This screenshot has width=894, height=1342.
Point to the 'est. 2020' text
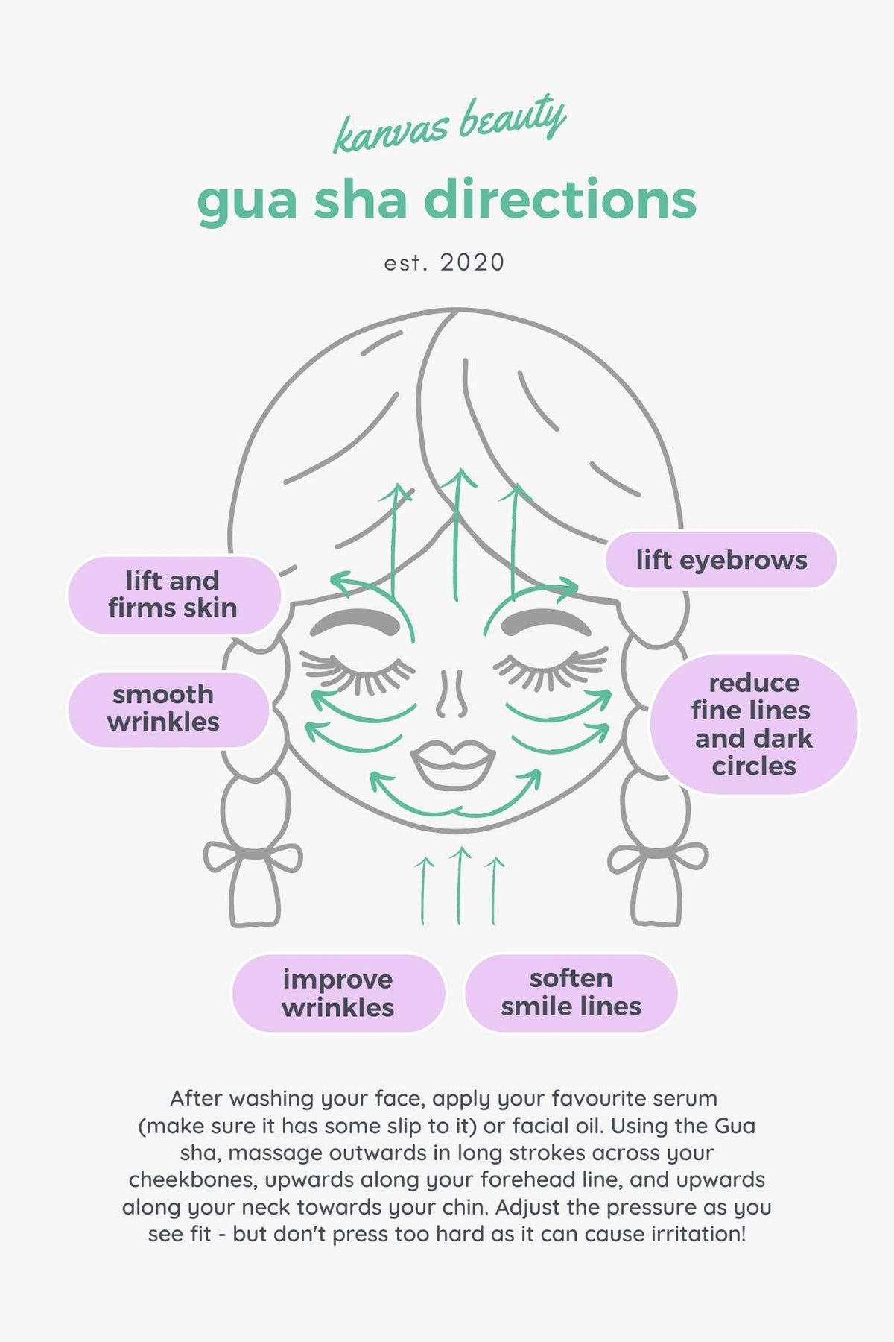(445, 262)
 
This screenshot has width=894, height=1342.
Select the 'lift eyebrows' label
(721, 560)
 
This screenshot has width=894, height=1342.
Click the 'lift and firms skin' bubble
(174, 595)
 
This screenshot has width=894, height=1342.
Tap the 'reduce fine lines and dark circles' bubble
(754, 724)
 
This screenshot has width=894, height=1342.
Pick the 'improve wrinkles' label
(338, 993)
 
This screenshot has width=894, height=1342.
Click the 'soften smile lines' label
(571, 992)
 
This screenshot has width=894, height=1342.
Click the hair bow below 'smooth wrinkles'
(253, 858)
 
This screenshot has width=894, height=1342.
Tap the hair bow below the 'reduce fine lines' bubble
(658, 858)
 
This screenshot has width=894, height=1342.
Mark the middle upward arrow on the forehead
(457, 535)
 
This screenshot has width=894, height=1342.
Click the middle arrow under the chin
(460, 886)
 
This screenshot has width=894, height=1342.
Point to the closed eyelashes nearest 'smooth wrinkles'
(358, 669)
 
